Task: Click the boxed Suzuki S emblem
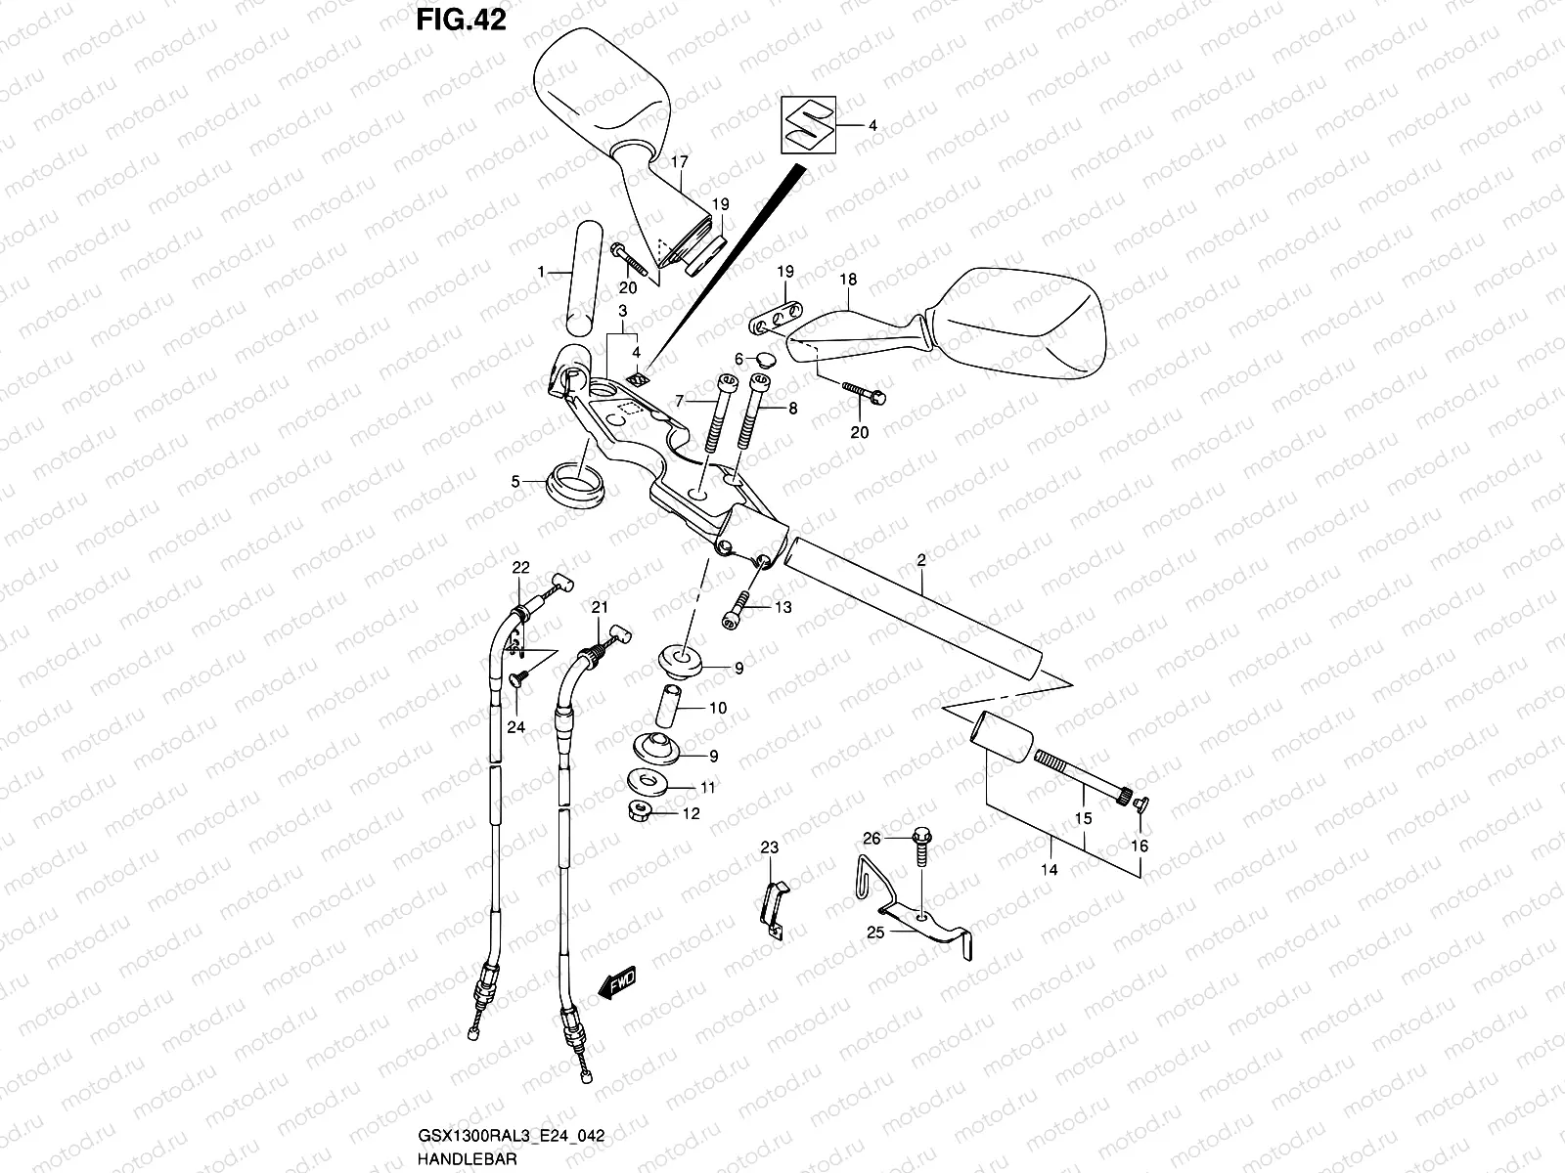click(x=808, y=125)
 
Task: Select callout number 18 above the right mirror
click(x=848, y=280)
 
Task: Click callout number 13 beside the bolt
click(x=782, y=608)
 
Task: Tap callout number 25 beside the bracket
click(x=875, y=933)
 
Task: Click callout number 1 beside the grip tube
click(x=541, y=275)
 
